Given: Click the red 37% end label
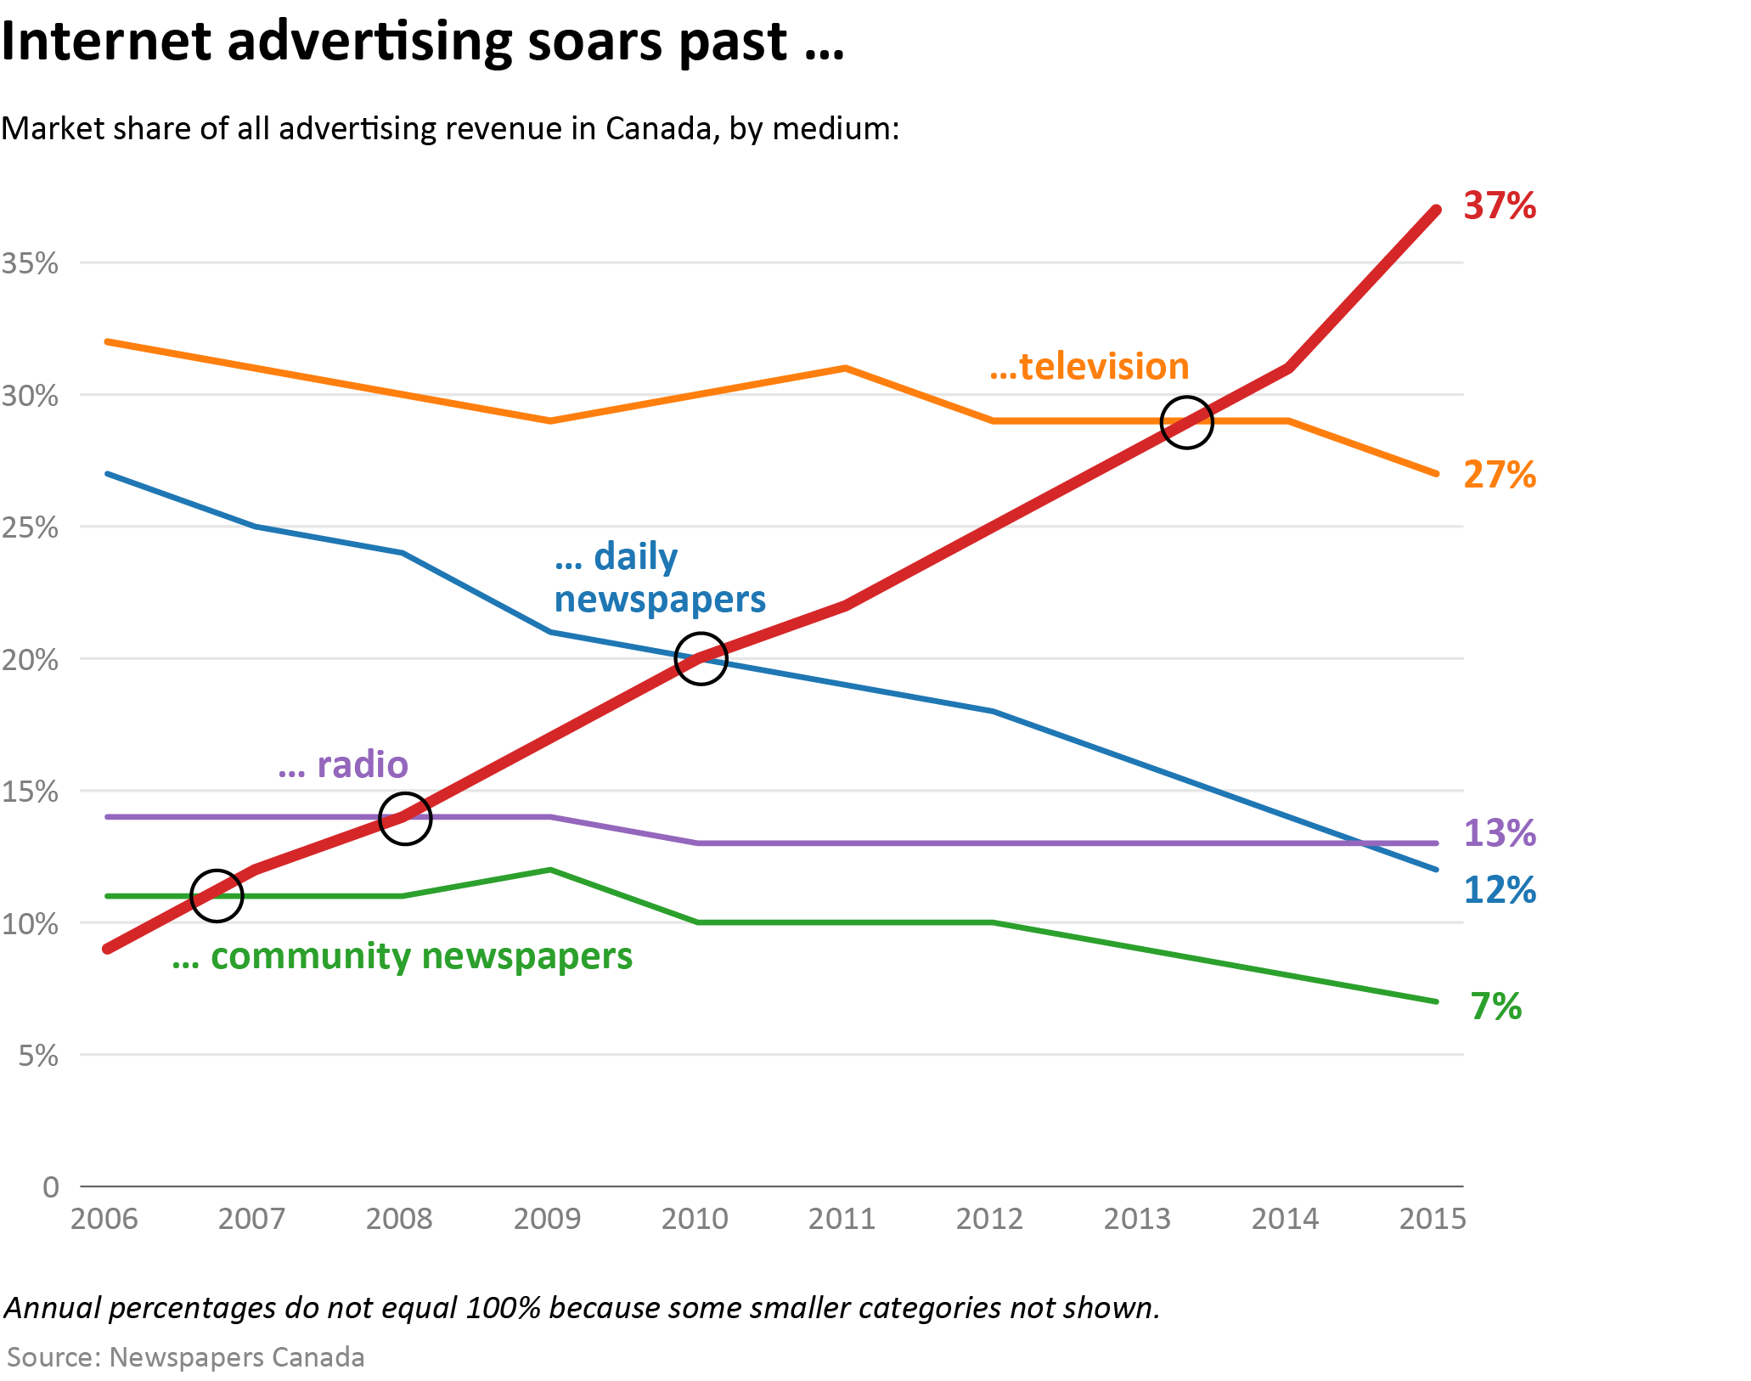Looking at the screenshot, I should click(1500, 206).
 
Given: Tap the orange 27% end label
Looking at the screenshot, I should click(1500, 475).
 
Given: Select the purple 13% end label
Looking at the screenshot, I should click(1500, 833).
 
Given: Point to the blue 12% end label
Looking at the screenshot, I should click(1500, 890).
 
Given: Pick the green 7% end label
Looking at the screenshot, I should click(1495, 1006).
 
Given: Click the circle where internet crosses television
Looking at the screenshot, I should click(1186, 422).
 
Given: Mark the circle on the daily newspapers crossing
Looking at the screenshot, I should click(701, 658).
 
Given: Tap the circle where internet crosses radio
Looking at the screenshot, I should click(405, 819).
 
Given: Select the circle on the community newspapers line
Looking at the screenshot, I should click(217, 895).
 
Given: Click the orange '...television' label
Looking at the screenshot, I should click(1089, 366).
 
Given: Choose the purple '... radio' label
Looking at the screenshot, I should click(343, 765).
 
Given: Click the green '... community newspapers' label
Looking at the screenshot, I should click(403, 956).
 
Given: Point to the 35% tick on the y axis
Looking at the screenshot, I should click(31, 263).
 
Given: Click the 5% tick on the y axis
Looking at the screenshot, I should click(39, 1056).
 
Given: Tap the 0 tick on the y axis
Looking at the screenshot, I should click(51, 1187).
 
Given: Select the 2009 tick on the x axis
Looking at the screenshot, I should click(547, 1219).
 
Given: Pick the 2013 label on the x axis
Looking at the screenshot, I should click(1137, 1219).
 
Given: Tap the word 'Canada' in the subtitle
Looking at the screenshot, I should click(653, 128).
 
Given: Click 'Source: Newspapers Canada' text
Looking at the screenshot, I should click(186, 1357).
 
